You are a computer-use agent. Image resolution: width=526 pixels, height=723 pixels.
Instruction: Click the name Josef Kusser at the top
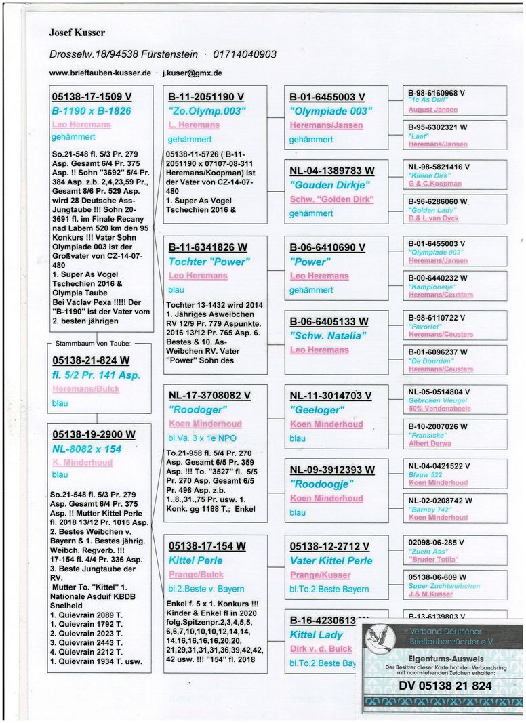77,33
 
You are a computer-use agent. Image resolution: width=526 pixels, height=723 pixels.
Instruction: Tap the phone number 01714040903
245,54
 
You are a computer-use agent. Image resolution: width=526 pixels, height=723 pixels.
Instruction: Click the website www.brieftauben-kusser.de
100,72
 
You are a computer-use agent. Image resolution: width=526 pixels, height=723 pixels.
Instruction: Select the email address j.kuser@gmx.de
193,72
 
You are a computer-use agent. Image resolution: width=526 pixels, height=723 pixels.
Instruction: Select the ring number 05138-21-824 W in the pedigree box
90,361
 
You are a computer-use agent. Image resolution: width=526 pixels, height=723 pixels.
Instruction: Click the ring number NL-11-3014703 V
329,396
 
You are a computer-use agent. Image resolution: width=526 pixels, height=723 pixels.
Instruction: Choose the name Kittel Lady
316,635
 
